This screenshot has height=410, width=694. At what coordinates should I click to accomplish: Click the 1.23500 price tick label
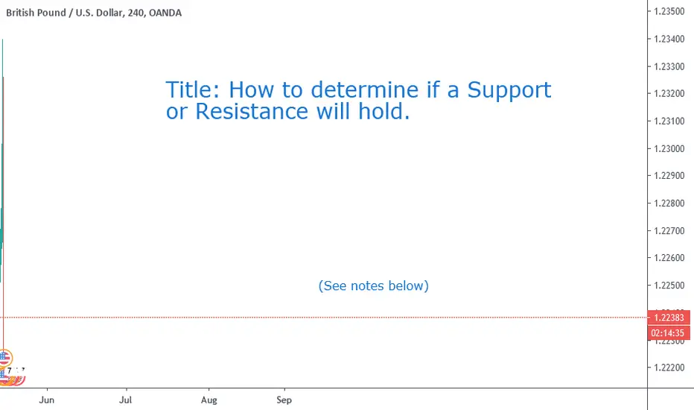(x=669, y=11)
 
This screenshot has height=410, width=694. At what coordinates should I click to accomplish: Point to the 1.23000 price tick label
(x=669, y=148)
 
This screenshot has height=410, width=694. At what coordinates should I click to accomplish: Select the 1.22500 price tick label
(x=669, y=285)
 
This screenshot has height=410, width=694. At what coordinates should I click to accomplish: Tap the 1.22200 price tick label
(x=669, y=368)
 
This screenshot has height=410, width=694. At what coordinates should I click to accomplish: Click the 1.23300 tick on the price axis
(x=669, y=66)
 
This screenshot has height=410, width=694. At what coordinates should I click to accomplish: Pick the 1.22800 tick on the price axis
(x=669, y=203)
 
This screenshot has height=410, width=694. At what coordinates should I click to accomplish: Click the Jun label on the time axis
(x=46, y=400)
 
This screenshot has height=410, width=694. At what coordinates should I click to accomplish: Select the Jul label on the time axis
(x=126, y=400)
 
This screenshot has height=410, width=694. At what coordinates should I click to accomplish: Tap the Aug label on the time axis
(x=209, y=400)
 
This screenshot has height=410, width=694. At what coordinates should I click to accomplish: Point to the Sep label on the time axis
(x=284, y=400)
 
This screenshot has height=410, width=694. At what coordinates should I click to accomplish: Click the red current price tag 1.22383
(x=669, y=318)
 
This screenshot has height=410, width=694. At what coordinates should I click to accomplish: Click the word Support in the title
(x=509, y=91)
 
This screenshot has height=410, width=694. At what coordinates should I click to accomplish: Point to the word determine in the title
(x=365, y=90)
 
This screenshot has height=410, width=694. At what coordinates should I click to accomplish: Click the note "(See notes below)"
(x=374, y=286)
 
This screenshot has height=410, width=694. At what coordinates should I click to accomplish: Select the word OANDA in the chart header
(x=165, y=13)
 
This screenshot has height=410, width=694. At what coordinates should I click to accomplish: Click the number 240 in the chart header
(x=136, y=13)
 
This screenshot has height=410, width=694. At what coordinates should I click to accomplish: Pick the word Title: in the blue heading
(x=193, y=90)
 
